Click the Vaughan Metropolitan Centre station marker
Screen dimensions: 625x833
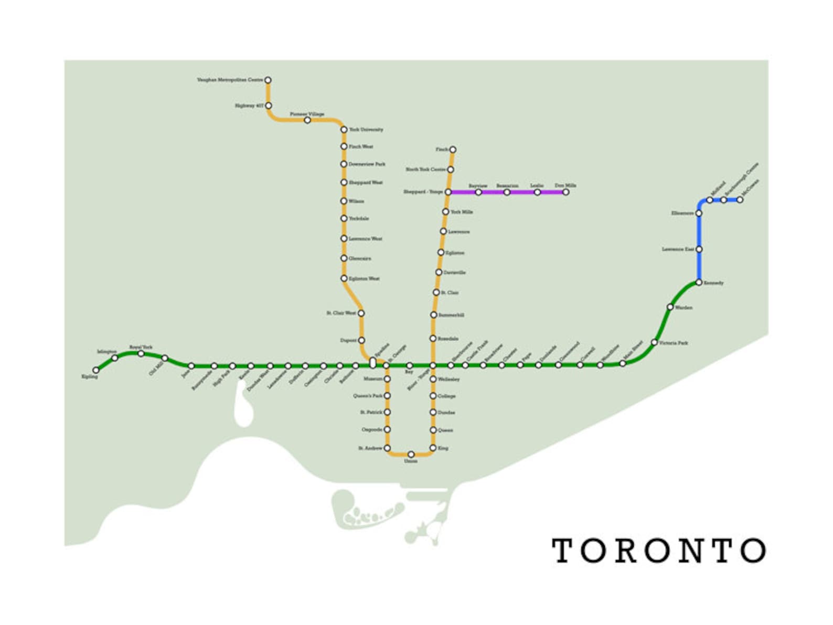268,80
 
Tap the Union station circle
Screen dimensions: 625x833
411,454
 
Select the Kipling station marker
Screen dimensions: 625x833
96,370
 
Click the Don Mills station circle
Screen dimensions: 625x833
565,192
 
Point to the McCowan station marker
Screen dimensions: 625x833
740,200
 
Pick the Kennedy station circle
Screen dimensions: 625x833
699,283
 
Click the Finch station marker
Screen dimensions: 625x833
453,149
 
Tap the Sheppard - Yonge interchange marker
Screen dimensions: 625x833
448,192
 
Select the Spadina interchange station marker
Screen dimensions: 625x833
372,362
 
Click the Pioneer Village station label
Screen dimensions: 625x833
307,114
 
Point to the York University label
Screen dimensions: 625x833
366,130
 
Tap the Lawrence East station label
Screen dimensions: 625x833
678,250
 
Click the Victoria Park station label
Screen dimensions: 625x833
674,343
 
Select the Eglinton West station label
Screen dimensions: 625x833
364,279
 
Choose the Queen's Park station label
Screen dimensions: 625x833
368,396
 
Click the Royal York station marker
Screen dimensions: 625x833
141,354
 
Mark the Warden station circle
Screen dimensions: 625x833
670,307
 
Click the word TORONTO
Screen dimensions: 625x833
659,551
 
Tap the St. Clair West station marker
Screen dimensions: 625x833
361,313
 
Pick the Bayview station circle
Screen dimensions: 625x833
478,192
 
